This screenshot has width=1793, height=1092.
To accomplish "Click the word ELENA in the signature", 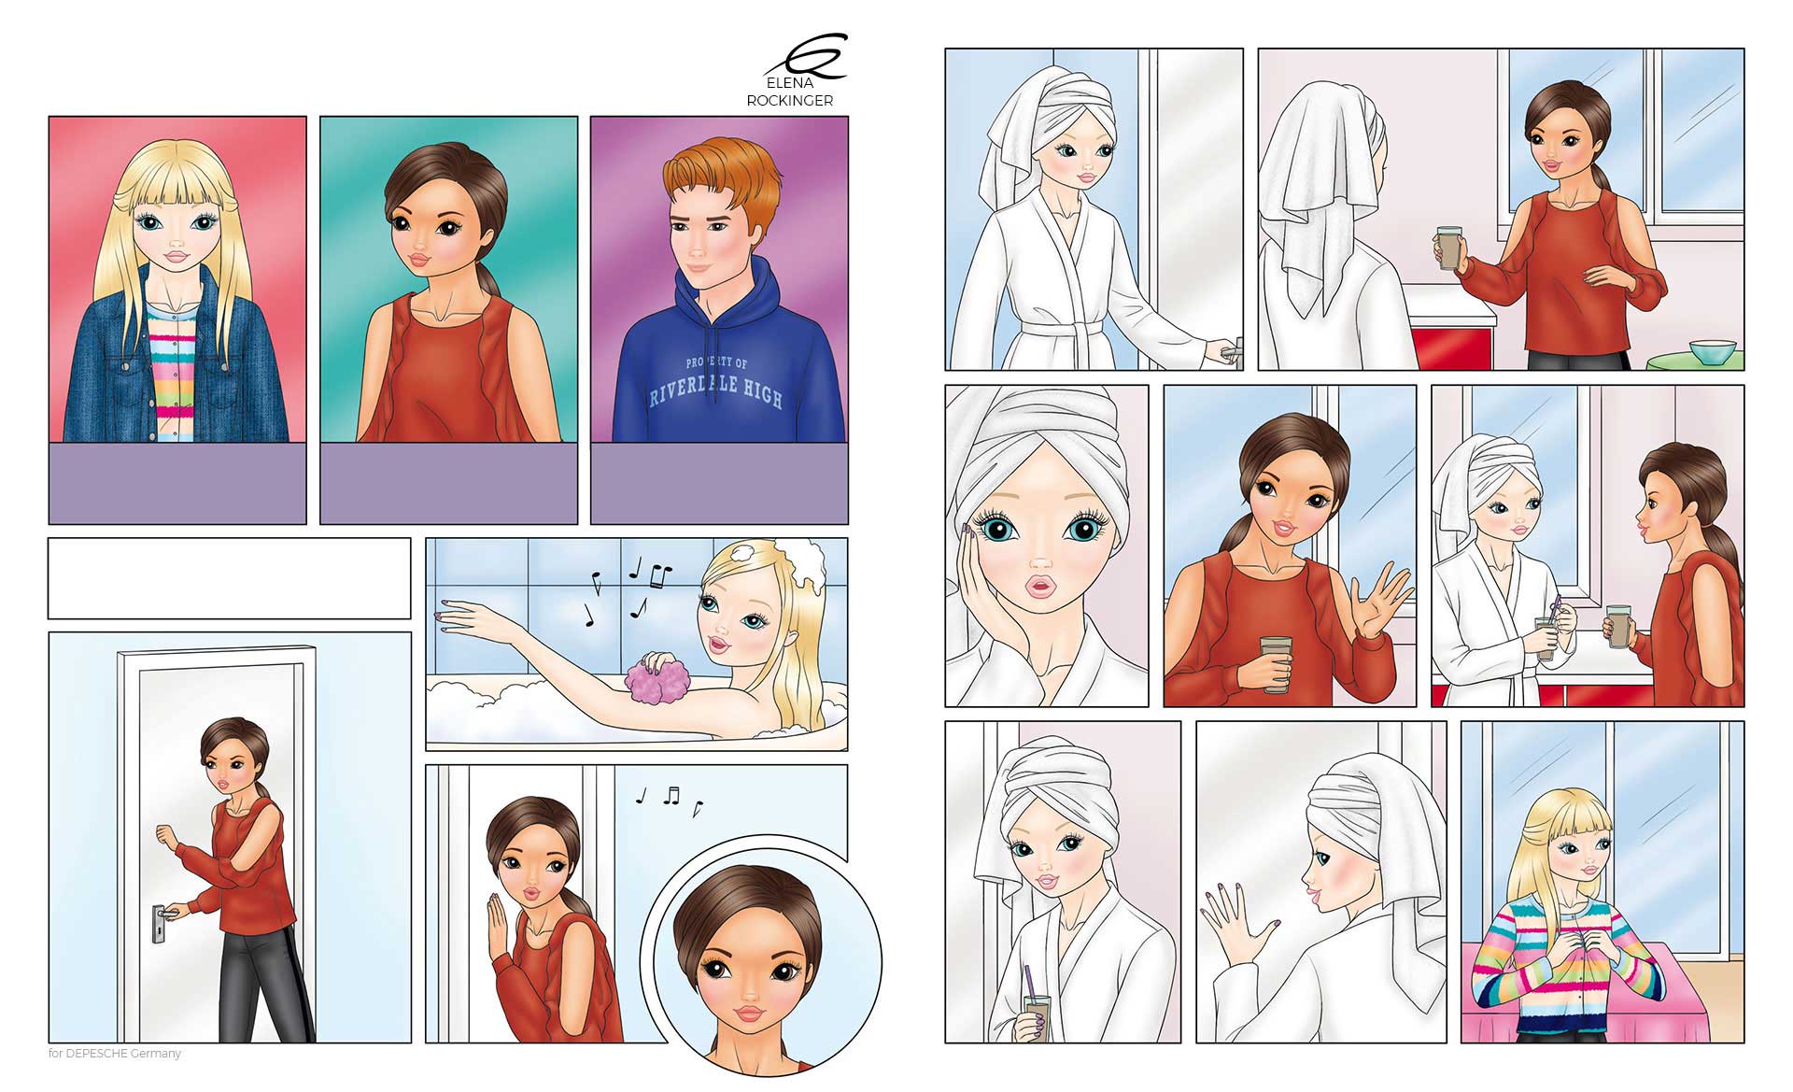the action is click(x=789, y=83).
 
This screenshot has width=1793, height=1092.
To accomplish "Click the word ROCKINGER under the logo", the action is click(x=790, y=101).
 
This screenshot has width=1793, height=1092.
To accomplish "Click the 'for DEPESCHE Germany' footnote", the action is click(x=115, y=1054).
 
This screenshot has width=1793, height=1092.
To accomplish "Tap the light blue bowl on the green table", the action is click(x=1712, y=352).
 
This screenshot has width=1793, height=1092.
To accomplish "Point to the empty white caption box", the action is click(x=230, y=578).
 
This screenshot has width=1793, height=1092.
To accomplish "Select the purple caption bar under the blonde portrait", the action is click(x=177, y=483).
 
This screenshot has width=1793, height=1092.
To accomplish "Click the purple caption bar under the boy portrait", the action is click(x=720, y=483).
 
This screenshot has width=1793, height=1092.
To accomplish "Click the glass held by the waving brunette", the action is click(x=1276, y=663).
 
